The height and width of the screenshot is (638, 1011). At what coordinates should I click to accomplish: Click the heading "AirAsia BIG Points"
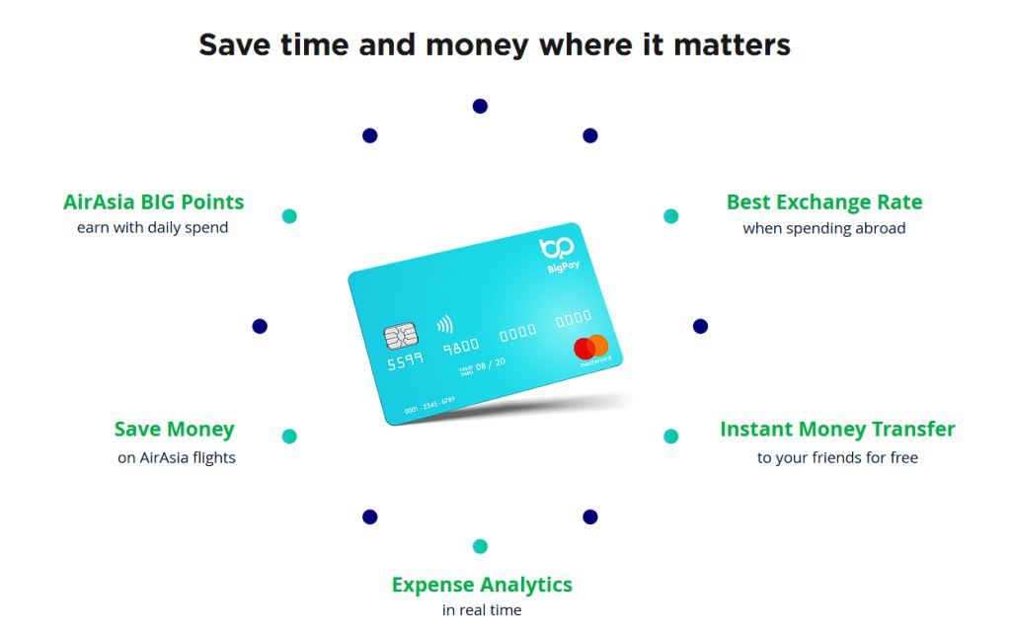[x=153, y=201]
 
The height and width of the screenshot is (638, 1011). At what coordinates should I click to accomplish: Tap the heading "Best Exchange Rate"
[x=823, y=201]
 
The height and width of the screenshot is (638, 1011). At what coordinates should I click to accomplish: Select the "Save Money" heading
[x=174, y=429]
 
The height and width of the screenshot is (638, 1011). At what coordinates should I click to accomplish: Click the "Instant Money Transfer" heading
[x=837, y=429]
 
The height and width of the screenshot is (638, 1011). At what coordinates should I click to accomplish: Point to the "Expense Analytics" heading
[x=482, y=584]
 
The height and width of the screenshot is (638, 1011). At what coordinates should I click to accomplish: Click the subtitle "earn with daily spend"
[x=153, y=227]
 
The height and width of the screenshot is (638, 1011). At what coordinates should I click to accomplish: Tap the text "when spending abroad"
[x=823, y=228]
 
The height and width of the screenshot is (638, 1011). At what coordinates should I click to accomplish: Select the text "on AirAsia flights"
[x=176, y=457]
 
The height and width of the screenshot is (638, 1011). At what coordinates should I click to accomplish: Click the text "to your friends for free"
[x=837, y=457]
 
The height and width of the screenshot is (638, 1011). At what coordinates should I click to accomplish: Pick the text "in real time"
[x=482, y=610]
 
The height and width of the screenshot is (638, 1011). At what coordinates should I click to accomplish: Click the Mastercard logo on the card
[x=591, y=349]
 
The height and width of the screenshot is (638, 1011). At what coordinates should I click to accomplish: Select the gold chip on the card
[x=400, y=338]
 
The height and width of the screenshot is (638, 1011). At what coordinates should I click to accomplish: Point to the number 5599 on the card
[x=405, y=362]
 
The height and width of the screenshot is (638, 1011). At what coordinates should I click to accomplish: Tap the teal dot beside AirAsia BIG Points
[x=289, y=216]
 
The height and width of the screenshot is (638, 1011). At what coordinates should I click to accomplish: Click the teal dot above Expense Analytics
[x=480, y=546]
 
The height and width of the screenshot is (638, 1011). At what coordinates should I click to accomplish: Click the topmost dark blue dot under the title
[x=480, y=106]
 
